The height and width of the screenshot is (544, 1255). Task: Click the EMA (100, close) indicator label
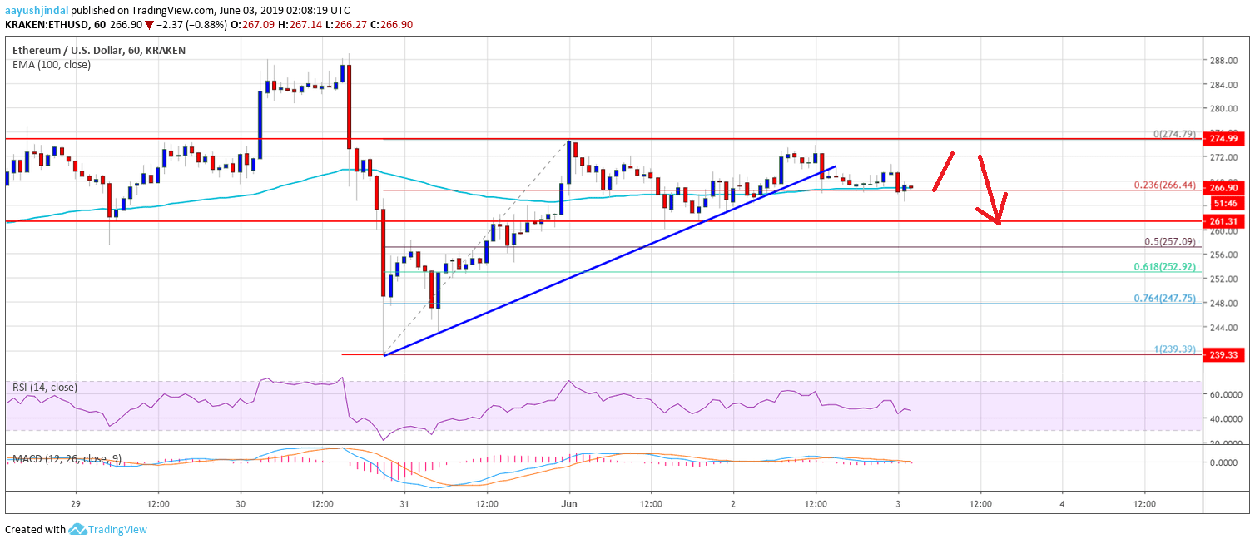tap(52, 64)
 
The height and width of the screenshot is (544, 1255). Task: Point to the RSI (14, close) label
tap(45, 387)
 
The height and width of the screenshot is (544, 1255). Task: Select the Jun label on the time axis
tap(569, 503)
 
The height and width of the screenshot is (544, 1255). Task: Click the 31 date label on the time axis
tap(404, 503)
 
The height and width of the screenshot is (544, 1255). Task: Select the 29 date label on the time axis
tap(76, 503)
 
